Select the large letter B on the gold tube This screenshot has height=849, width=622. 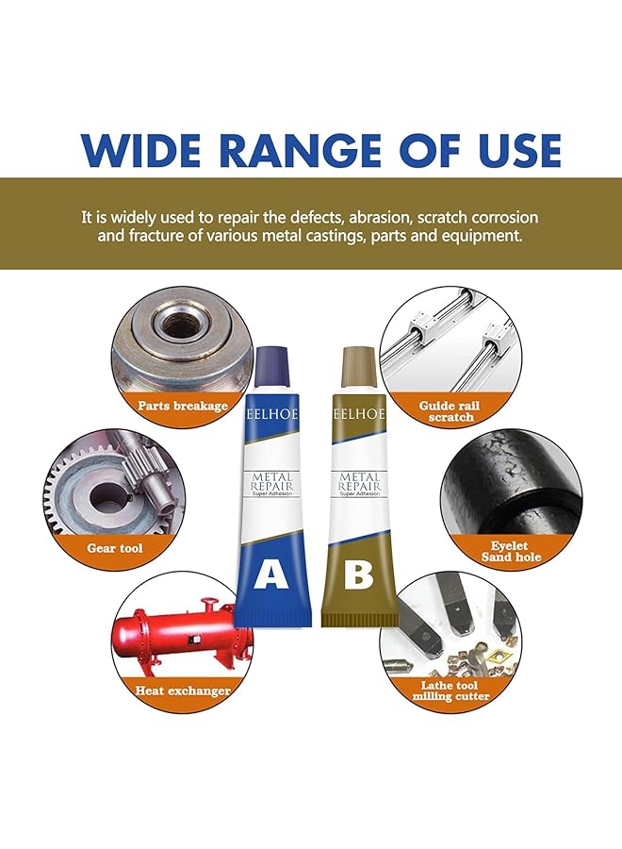tap(358, 574)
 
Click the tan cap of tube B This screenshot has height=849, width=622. tap(358, 364)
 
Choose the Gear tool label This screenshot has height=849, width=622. tap(115, 547)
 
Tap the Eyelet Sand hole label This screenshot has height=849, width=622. tap(510, 552)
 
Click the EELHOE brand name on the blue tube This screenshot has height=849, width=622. tap(272, 413)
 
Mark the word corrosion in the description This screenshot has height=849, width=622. tap(500, 217)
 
